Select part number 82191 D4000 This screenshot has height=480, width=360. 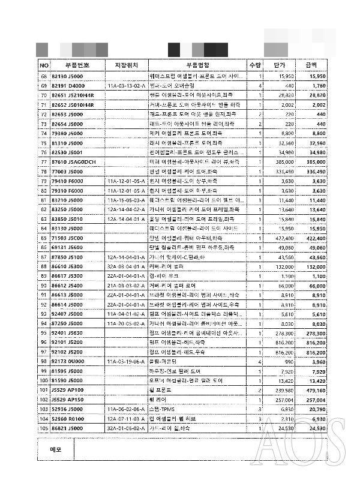point(68,86)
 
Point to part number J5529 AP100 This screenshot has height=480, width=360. point(67,390)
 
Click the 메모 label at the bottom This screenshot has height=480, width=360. point(56,449)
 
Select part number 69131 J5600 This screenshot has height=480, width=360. point(67,247)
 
